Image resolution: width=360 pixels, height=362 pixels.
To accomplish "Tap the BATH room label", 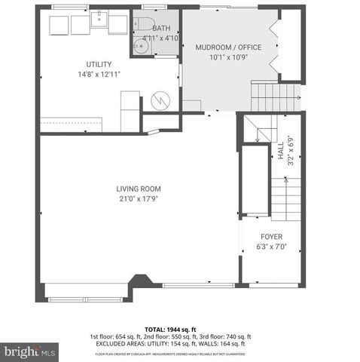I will click(162, 28).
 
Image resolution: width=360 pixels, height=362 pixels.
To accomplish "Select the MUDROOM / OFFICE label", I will click(228, 48).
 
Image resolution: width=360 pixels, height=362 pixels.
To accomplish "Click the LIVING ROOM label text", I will click(139, 189).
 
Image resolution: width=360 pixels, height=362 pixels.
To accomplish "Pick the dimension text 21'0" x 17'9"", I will click(139, 199).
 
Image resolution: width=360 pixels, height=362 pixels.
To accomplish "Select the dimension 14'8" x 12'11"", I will click(99, 75).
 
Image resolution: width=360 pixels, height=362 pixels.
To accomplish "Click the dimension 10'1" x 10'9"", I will click(228, 57).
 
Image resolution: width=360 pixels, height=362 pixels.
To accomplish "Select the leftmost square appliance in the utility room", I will click(58, 26).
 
